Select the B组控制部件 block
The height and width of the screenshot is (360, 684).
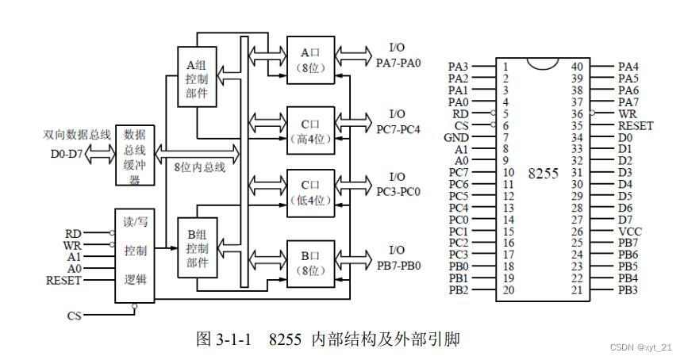196,248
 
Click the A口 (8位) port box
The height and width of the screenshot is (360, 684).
310,60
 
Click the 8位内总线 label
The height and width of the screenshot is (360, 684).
200,167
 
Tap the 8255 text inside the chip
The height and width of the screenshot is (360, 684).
543,173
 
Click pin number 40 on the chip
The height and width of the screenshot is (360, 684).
577,67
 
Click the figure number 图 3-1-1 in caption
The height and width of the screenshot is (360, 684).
224,339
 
